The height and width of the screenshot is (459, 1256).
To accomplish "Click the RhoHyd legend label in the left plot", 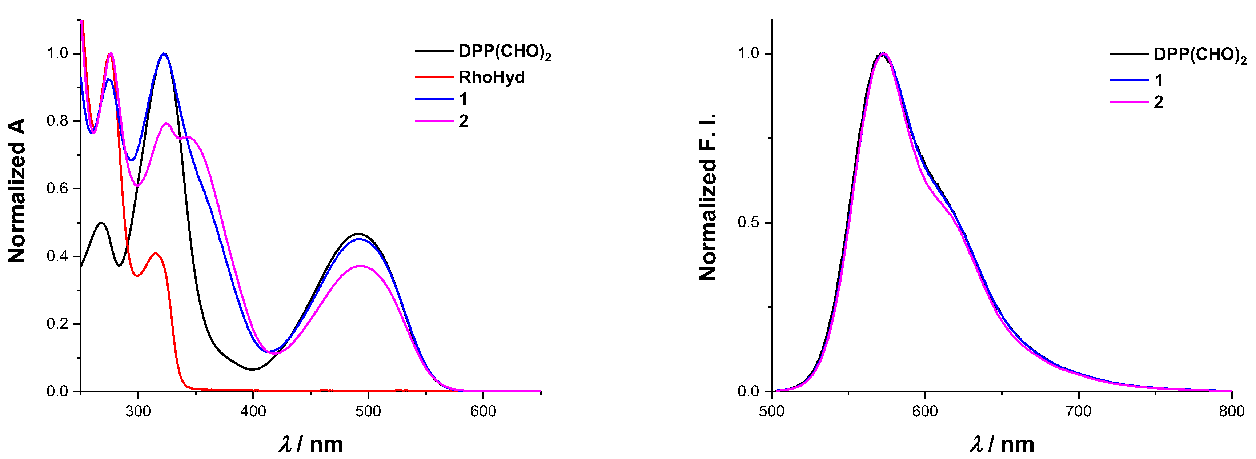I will click(491, 77).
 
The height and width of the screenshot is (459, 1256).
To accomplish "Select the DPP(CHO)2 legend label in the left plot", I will click(505, 52).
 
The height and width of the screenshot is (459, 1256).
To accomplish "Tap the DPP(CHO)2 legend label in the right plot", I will click(1199, 55).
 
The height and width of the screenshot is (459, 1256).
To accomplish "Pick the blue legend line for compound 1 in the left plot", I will click(434, 99).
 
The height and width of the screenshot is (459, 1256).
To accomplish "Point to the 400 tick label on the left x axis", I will click(253, 411).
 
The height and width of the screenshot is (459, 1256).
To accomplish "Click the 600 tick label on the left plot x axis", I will click(483, 411).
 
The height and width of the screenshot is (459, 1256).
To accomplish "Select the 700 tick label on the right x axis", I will click(1079, 411).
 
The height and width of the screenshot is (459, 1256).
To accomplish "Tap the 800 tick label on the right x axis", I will click(1232, 411).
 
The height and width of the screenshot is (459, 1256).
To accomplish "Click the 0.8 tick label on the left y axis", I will click(57, 121).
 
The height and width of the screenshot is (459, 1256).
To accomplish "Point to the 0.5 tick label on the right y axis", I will click(749, 223).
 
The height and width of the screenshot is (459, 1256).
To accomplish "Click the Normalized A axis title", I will click(17, 190).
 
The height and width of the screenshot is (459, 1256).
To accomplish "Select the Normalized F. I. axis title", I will click(708, 197).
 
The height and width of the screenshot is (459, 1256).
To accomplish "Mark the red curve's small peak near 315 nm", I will click(156, 253).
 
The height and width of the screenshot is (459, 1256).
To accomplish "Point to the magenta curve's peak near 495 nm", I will click(361, 266).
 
